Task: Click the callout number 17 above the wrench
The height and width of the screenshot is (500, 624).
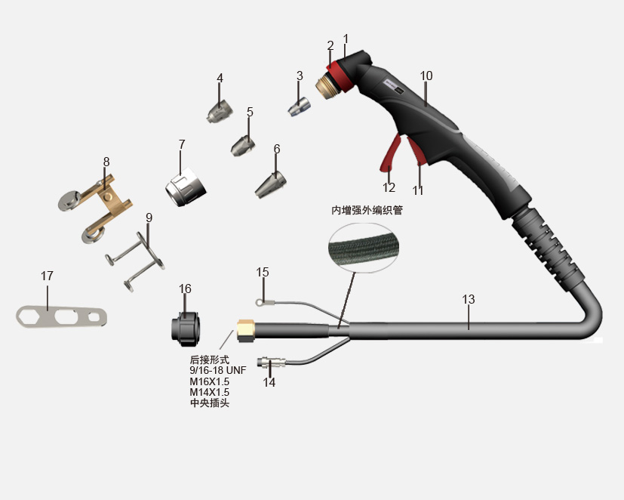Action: pyautogui.click(x=47, y=276)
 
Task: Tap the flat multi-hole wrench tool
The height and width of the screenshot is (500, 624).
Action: pyautogui.click(x=61, y=317)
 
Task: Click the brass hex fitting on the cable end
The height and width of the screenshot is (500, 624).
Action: pyautogui.click(x=246, y=330)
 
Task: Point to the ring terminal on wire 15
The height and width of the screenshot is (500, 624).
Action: pyautogui.click(x=260, y=303)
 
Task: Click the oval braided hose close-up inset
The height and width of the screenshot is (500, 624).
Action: pyautogui.click(x=364, y=248)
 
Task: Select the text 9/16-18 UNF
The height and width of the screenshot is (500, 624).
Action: pyautogui.click(x=218, y=370)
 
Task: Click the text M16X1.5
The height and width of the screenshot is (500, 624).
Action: pyautogui.click(x=209, y=381)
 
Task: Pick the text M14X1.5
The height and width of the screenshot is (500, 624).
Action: pyautogui.click(x=209, y=392)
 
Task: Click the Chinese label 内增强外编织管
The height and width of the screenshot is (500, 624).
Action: pyautogui.click(x=367, y=210)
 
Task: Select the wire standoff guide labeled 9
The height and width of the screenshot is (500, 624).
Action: pyautogui.click(x=135, y=261)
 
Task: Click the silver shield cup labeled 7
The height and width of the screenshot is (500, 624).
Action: pyautogui.click(x=186, y=187)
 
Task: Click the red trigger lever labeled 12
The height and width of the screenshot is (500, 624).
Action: pyautogui.click(x=389, y=153)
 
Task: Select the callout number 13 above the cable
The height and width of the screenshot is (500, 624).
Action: pyautogui.click(x=469, y=299)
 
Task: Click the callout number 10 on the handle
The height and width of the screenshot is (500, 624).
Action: pyautogui.click(x=426, y=76)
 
